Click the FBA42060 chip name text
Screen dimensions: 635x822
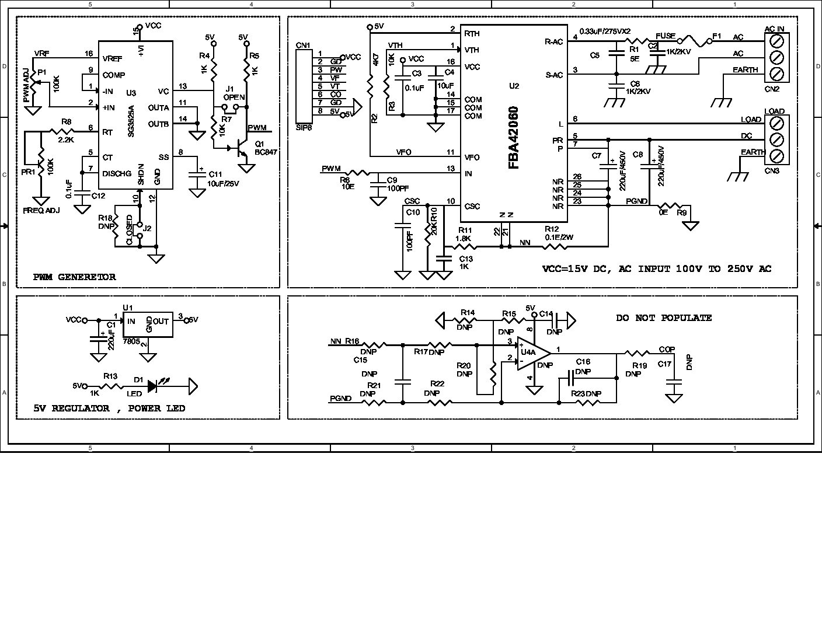[514, 138]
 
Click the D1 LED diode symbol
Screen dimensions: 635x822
[154, 386]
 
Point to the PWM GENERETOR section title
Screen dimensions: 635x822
[74, 277]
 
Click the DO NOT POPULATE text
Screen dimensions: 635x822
[664, 318]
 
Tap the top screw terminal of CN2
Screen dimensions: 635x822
[776, 41]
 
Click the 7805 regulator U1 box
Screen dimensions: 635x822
[148, 325]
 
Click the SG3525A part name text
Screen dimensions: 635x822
[132, 121]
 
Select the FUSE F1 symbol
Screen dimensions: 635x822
[695, 41]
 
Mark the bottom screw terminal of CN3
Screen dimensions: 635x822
[776, 156]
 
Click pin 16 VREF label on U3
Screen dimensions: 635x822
[112, 58]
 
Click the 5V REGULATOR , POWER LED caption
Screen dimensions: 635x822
[109, 409]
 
